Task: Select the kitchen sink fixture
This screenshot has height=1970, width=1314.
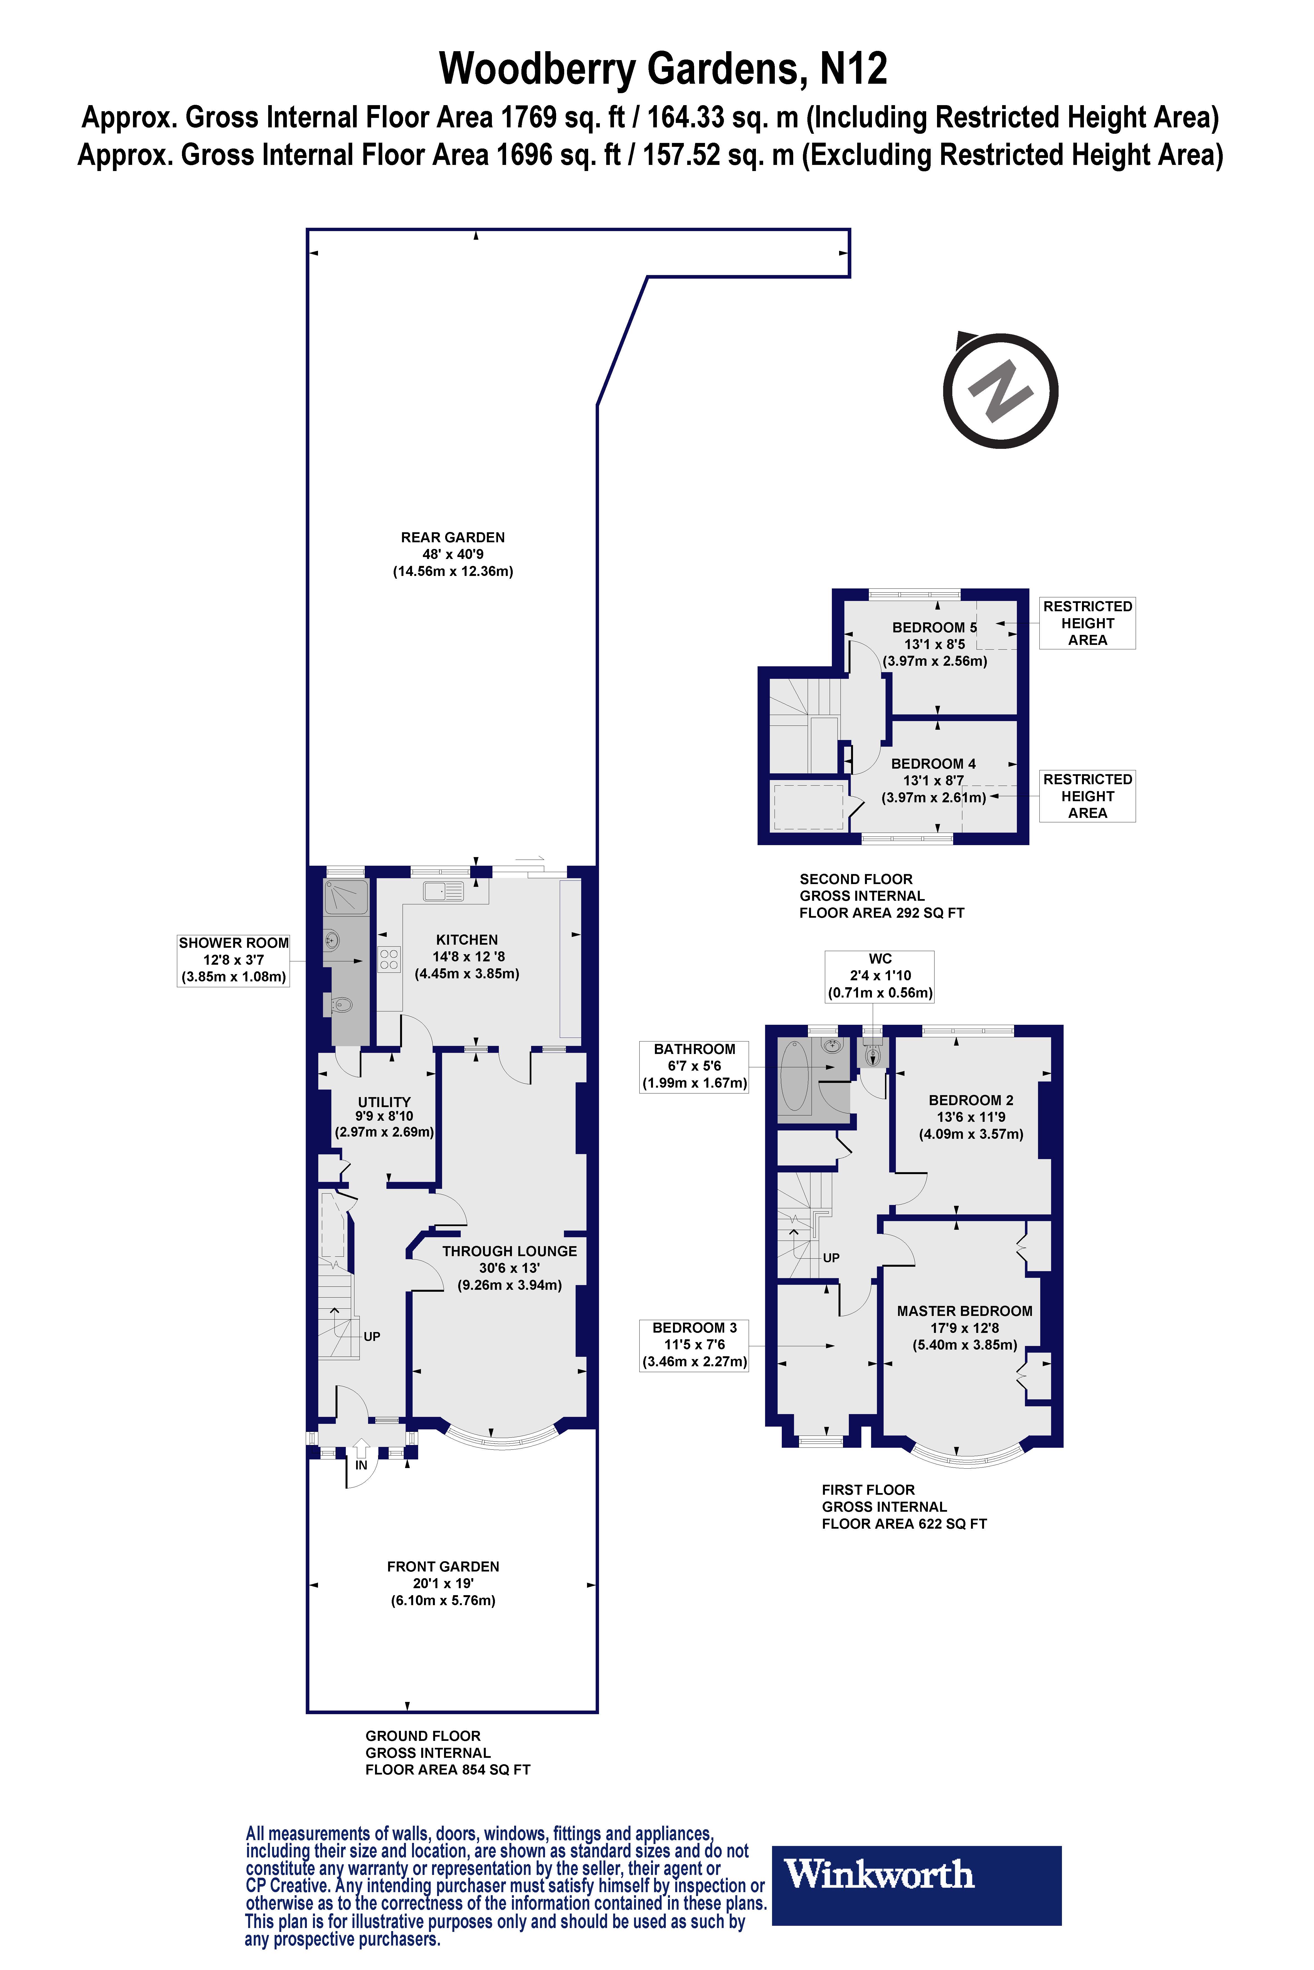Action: click(443, 891)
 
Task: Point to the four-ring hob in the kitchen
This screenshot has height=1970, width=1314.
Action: click(389, 959)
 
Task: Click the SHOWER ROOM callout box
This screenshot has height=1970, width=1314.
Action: click(233, 960)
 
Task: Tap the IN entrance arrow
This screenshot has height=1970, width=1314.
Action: click(361, 1450)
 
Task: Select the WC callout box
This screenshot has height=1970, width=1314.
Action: click(880, 976)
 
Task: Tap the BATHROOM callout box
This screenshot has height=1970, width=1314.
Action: click(694, 1066)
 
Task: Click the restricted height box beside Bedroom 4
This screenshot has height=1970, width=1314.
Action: click(1087, 796)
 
